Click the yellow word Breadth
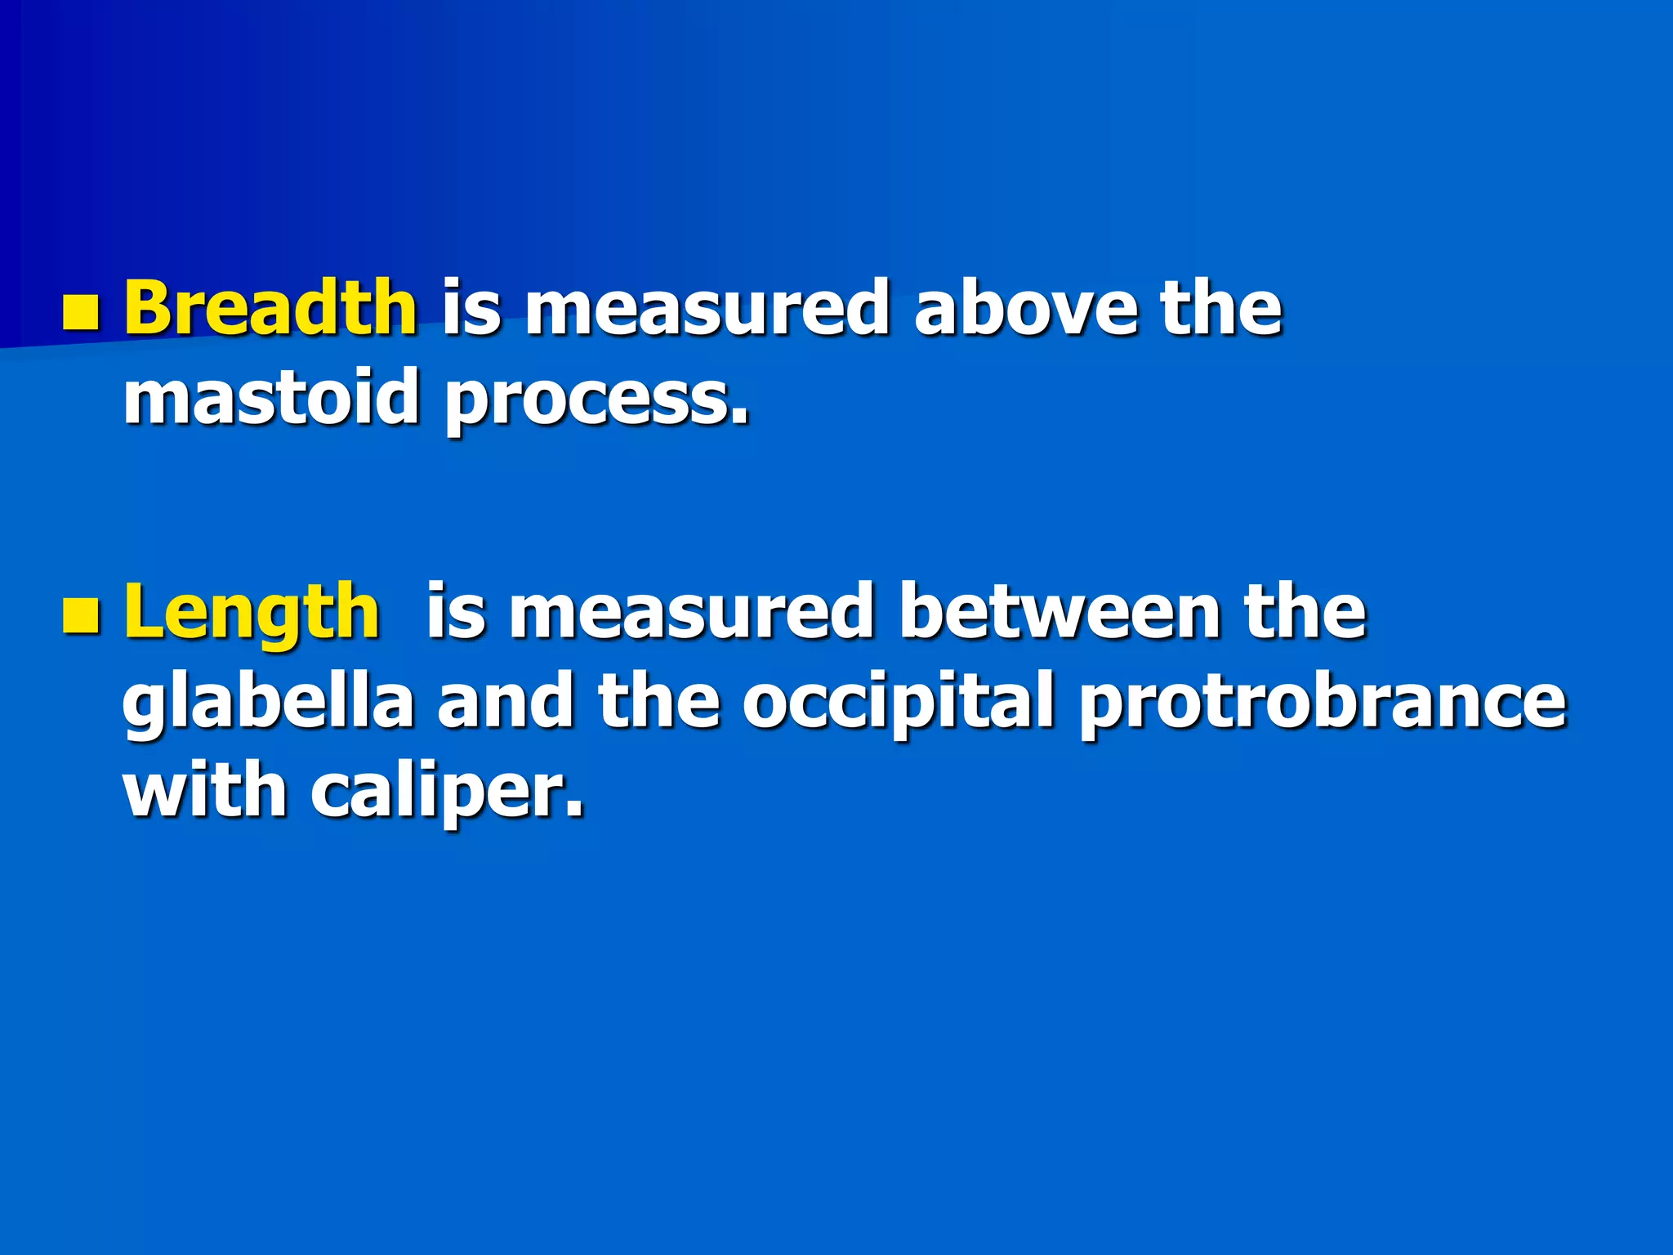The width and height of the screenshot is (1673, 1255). coord(270,308)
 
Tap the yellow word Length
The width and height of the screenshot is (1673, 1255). coord(252,612)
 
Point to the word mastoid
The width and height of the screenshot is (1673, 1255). coord(271,398)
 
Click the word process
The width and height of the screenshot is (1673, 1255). coord(596,400)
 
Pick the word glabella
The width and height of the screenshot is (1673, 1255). coord(269,703)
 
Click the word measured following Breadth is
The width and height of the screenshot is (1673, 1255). coord(707,308)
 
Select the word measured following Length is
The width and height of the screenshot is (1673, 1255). coord(691,612)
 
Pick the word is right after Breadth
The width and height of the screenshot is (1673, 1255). coord(471,308)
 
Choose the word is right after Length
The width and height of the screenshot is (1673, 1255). coord(455,612)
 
